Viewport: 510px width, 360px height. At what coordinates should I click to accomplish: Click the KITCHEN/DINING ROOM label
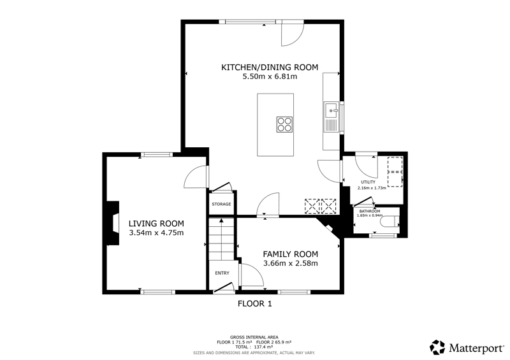[270, 68]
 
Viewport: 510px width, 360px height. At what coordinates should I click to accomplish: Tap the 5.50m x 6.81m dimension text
[270, 76]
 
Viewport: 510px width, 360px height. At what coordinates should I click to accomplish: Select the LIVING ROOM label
[156, 224]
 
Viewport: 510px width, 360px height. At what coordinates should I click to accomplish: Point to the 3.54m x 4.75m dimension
[156, 233]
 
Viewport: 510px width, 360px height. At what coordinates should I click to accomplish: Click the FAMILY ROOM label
[291, 254]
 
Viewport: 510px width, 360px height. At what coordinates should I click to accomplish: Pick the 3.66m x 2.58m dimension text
[291, 263]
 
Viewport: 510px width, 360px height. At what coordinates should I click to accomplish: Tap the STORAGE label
[221, 205]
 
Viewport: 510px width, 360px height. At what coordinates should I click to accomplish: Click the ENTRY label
[222, 273]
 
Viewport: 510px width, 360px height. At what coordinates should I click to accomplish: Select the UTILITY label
[368, 182]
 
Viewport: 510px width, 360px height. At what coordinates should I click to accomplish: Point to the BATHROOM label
[370, 212]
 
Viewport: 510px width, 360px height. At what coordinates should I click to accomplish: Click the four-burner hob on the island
[284, 124]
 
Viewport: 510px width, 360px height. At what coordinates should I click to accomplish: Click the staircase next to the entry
[221, 239]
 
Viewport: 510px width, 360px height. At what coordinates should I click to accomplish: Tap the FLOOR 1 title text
[255, 304]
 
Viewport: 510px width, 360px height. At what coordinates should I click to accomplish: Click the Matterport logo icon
[437, 347]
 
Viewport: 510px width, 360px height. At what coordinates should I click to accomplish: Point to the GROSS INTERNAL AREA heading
[254, 338]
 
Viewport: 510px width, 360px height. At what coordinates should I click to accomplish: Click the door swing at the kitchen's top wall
[293, 33]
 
